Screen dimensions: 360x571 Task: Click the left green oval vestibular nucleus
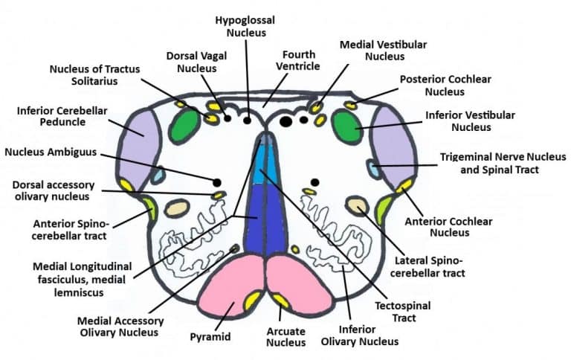[x=184, y=127]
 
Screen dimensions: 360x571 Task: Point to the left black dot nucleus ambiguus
[x=217, y=182]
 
